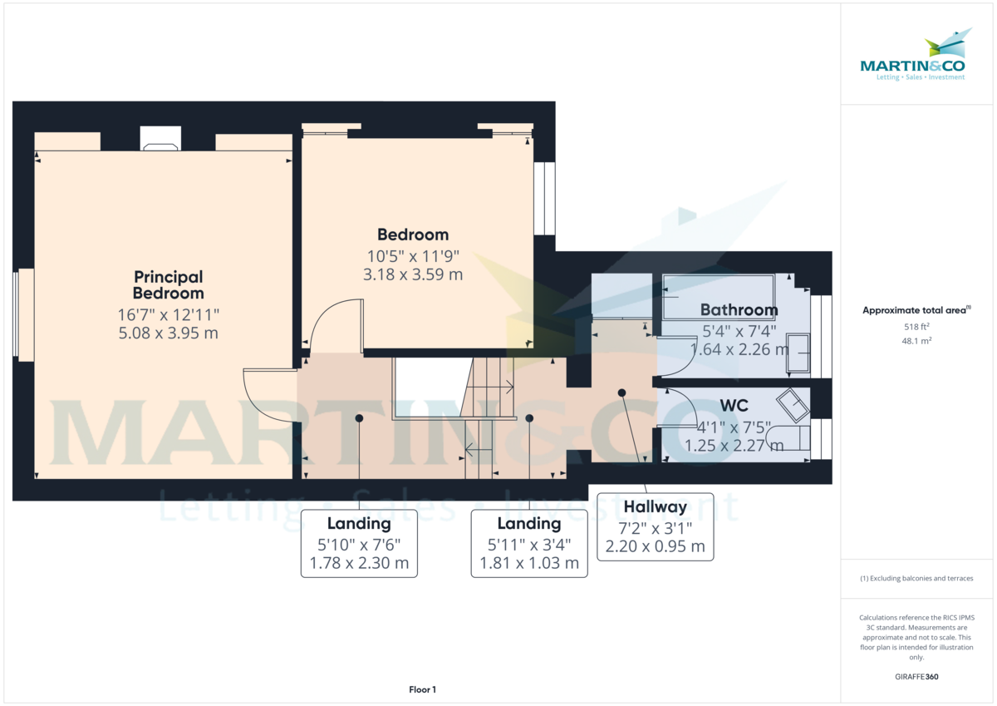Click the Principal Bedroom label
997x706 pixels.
[x=168, y=285]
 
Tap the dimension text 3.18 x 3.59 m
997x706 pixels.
[x=413, y=274]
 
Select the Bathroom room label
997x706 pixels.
[x=739, y=309]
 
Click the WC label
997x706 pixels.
[x=734, y=406]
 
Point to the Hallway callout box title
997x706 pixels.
[x=656, y=507]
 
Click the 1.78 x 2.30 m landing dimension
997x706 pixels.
[x=359, y=563]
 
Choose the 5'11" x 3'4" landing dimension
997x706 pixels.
[x=529, y=545]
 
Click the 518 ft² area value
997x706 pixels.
[x=916, y=327]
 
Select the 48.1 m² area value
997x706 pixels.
[x=916, y=341]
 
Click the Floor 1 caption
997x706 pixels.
[x=422, y=689]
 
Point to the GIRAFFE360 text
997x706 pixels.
[x=916, y=677]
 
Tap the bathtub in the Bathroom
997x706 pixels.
[x=719, y=297]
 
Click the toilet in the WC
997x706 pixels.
[x=788, y=438]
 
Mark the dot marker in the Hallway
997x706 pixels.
[x=621, y=392]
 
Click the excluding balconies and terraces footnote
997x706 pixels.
[x=916, y=578]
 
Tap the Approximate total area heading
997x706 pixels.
[x=916, y=310]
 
